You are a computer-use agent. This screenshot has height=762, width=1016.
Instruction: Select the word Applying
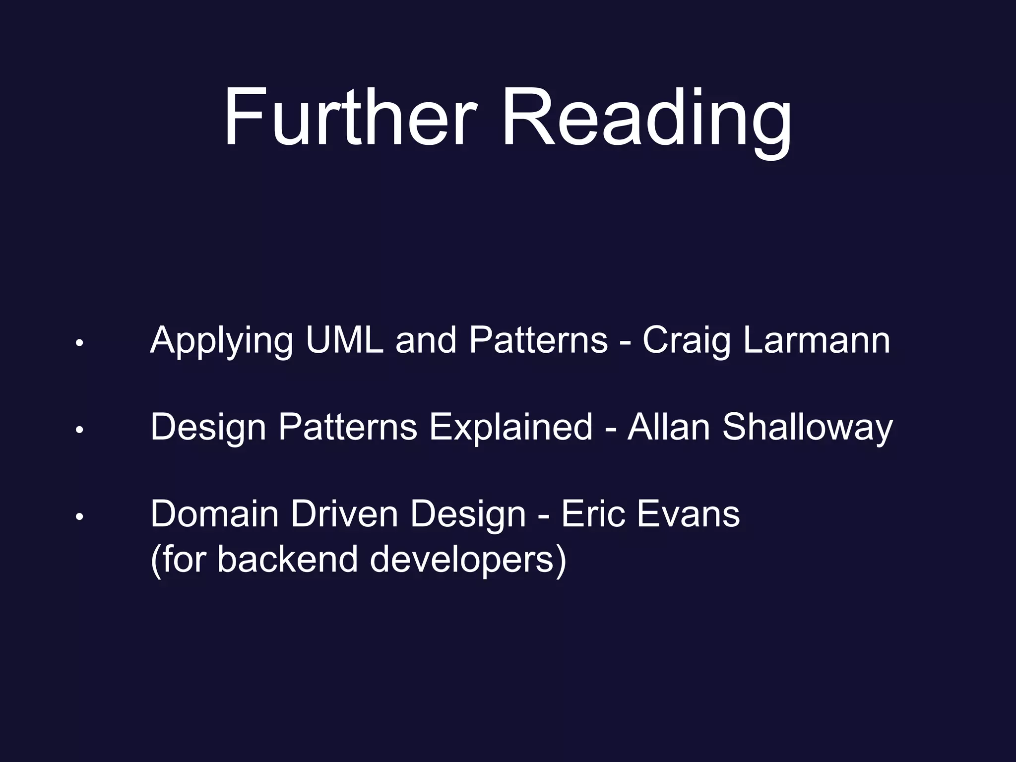pos(221,341)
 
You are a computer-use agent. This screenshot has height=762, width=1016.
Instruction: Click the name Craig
pos(687,341)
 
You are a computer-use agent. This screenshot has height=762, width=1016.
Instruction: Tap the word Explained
pos(511,428)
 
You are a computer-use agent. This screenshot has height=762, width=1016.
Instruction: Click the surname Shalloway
pos(808,428)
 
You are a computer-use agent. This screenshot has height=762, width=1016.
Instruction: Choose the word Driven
pos(344,514)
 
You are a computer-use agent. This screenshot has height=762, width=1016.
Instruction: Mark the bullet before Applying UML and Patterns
pos(78,343)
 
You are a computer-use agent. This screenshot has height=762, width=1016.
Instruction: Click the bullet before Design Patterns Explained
pos(78,430)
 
